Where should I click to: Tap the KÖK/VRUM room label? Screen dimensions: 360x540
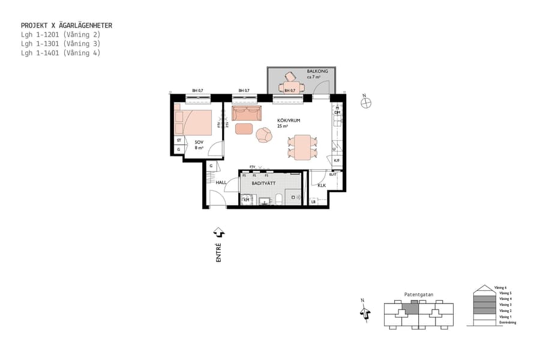point(287,121)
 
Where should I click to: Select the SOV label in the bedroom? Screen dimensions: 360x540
point(199,142)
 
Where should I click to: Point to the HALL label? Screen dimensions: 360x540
point(221,182)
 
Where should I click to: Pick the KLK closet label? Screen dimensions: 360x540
point(322,185)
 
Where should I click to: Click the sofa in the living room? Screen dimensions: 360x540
point(246,113)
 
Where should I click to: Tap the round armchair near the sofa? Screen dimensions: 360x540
point(263,135)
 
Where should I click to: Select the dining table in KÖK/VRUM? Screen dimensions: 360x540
point(302,147)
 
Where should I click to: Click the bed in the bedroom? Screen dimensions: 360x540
point(193,122)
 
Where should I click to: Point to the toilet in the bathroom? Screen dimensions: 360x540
point(279,199)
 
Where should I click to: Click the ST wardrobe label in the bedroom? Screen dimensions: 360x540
point(179,140)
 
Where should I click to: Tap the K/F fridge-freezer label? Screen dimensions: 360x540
point(337,161)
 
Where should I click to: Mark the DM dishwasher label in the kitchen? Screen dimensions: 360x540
point(337,113)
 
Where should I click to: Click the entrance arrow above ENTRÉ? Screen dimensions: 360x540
point(219,232)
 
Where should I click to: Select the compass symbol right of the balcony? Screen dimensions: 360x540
point(365,103)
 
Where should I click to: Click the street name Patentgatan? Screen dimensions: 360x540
point(418,295)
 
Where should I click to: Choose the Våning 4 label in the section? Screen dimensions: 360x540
point(505,298)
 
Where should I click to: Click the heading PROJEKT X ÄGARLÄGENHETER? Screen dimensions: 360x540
point(66,26)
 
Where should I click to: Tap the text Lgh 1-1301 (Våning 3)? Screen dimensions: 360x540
point(60,44)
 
